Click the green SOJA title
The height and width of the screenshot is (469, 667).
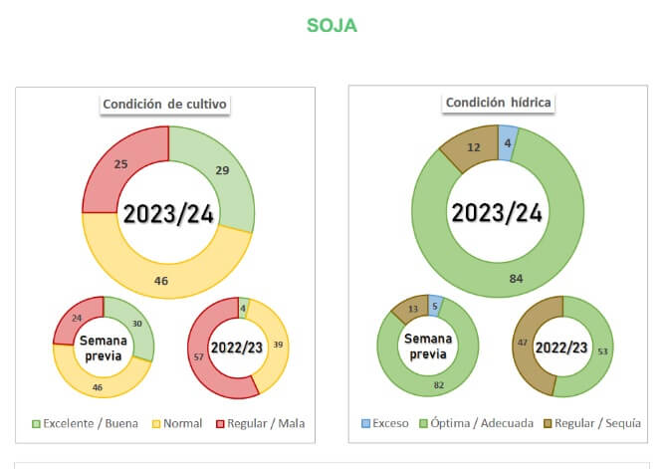pos(332,26)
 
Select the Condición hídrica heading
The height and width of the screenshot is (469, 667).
pos(499,103)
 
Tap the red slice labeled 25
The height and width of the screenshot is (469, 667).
pos(120,162)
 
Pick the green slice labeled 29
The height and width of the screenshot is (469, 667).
pos(222,171)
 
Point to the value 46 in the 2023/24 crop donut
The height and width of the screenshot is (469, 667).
pos(161,281)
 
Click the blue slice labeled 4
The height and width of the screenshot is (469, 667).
pos(508,141)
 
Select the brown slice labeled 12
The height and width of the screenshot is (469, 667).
pos(474,147)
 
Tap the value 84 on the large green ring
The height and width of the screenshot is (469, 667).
pos(516,278)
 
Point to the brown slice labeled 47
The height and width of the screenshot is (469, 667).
pos(524,342)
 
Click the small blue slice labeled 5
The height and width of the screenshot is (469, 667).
pos(435,306)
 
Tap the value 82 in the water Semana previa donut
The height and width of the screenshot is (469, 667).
pos(439,384)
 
